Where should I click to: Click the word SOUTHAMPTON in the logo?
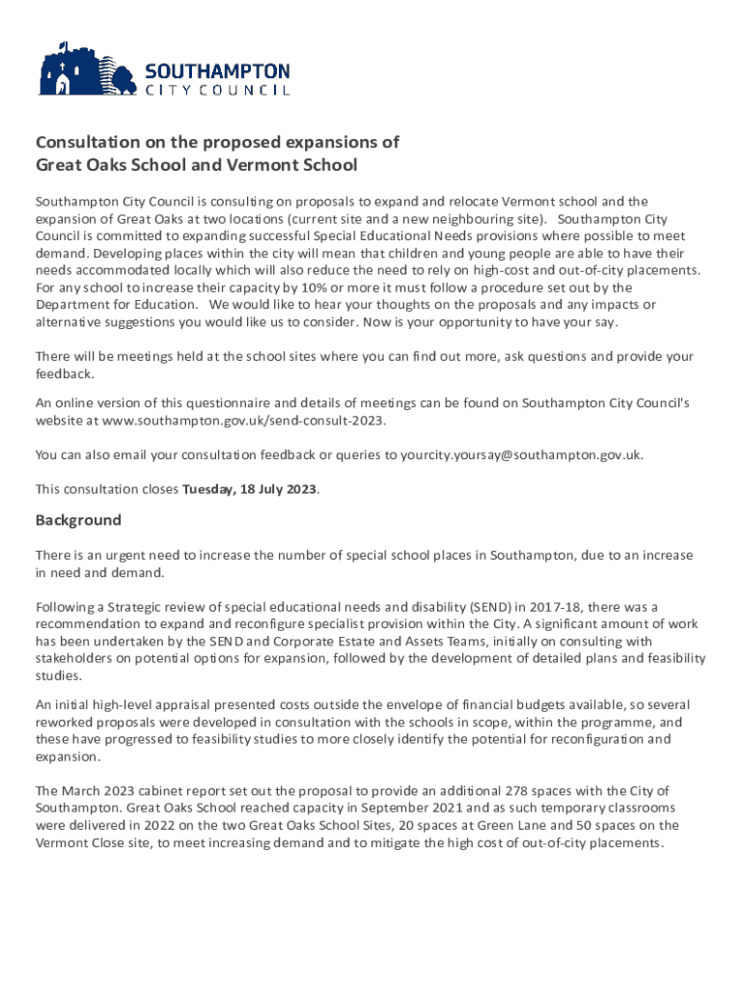[216, 71]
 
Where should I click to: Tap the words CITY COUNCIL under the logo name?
[216, 91]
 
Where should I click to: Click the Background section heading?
[78, 520]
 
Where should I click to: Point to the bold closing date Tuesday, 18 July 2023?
[250, 488]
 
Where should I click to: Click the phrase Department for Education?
[113, 305]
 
